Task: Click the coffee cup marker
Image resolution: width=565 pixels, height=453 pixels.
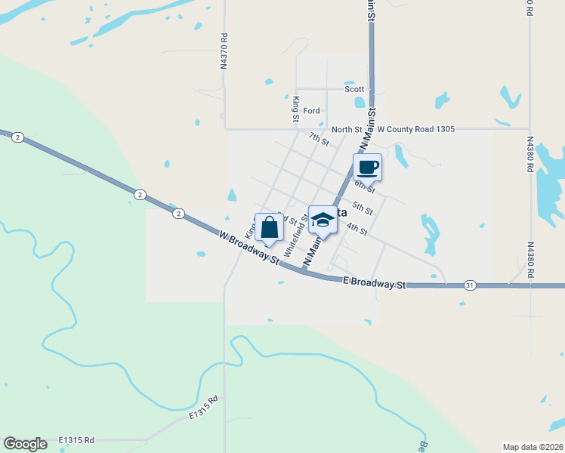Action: point(368,167)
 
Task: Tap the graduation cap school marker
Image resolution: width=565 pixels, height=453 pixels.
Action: point(323,220)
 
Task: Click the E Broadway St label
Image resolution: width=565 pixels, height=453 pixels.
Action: point(374,283)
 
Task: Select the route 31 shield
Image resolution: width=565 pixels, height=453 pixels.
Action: point(470,285)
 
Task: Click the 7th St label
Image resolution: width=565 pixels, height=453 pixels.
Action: point(319,139)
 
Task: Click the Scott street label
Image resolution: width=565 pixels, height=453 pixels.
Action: point(354,88)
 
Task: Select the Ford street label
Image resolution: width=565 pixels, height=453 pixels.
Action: point(312,111)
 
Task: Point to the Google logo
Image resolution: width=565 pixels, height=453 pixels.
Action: point(25,444)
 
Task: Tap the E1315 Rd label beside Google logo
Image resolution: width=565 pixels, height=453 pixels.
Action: point(76,440)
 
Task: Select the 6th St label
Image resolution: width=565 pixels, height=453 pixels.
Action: point(364,186)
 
